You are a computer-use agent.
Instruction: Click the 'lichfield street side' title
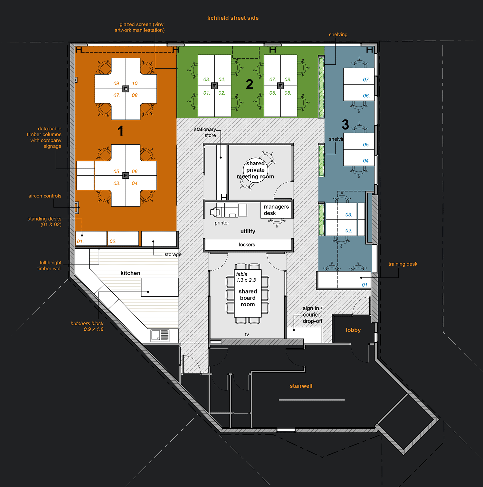pyautogui.click(x=233, y=18)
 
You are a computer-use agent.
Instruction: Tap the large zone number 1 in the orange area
pyautogui.click(x=120, y=131)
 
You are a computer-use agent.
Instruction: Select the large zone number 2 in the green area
pyautogui.click(x=249, y=84)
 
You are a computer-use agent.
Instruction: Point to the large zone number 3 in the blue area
pyautogui.click(x=345, y=124)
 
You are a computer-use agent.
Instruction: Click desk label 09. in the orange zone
pyautogui.click(x=117, y=84)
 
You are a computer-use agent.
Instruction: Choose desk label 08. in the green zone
pyautogui.click(x=288, y=80)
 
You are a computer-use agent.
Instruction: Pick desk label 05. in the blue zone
pyautogui.click(x=366, y=145)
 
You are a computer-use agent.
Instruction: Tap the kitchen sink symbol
pyautogui.click(x=160, y=335)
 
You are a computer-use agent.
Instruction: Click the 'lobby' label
pyautogui.click(x=353, y=330)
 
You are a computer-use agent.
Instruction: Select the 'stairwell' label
pyautogui.click(x=301, y=386)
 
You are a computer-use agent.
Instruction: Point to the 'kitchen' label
pyautogui.click(x=130, y=273)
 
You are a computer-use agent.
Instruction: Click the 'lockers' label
pyautogui.click(x=247, y=245)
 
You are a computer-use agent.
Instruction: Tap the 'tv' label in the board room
pyautogui.click(x=247, y=334)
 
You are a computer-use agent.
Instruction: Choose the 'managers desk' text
pyautogui.click(x=276, y=210)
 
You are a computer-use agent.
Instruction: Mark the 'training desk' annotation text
pyautogui.click(x=403, y=264)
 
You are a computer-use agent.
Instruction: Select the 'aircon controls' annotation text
pyautogui.click(x=45, y=196)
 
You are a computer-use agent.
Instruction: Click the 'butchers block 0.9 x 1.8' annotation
pyautogui.click(x=87, y=326)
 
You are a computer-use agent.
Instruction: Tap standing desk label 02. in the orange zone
pyautogui.click(x=113, y=242)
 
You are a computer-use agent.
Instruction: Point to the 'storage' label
pyautogui.click(x=173, y=254)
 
